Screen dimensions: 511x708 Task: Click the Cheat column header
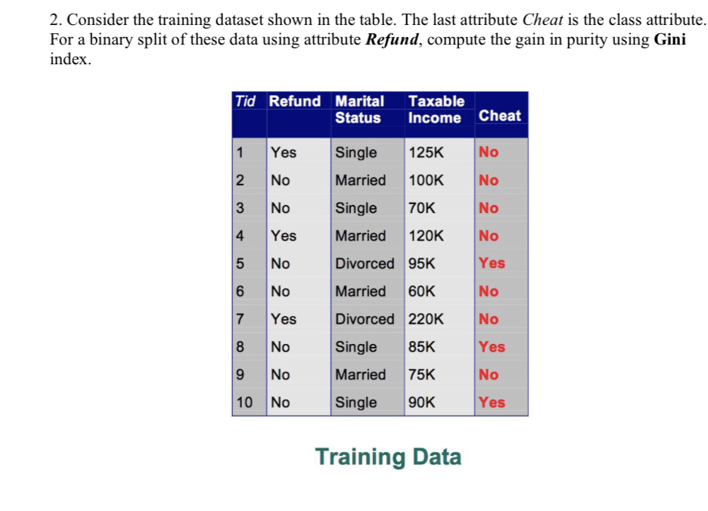pos(499,116)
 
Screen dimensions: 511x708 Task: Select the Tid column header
pos(245,101)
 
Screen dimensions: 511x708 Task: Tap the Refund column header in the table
pos(295,101)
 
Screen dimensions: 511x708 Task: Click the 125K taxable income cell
pos(426,153)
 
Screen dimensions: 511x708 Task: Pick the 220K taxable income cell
pos(427,319)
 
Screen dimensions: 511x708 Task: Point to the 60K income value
pos(422,291)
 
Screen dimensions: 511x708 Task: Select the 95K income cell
pos(422,264)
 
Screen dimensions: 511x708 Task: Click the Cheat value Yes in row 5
pos(492,264)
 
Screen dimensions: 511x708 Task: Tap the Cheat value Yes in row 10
pos(492,402)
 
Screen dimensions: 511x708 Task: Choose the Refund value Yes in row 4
pos(284,236)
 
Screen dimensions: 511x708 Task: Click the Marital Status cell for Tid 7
pos(365,319)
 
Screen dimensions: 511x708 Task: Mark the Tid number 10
pos(244,402)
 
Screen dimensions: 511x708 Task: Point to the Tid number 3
pos(240,208)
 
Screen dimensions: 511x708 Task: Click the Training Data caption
pos(387,457)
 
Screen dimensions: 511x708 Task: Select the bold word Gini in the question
pos(669,40)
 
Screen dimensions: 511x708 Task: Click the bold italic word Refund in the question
pos(394,40)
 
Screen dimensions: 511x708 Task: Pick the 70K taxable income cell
pos(422,208)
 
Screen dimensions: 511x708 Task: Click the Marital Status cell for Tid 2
pos(360,181)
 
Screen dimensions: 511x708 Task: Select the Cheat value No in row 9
pos(489,375)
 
